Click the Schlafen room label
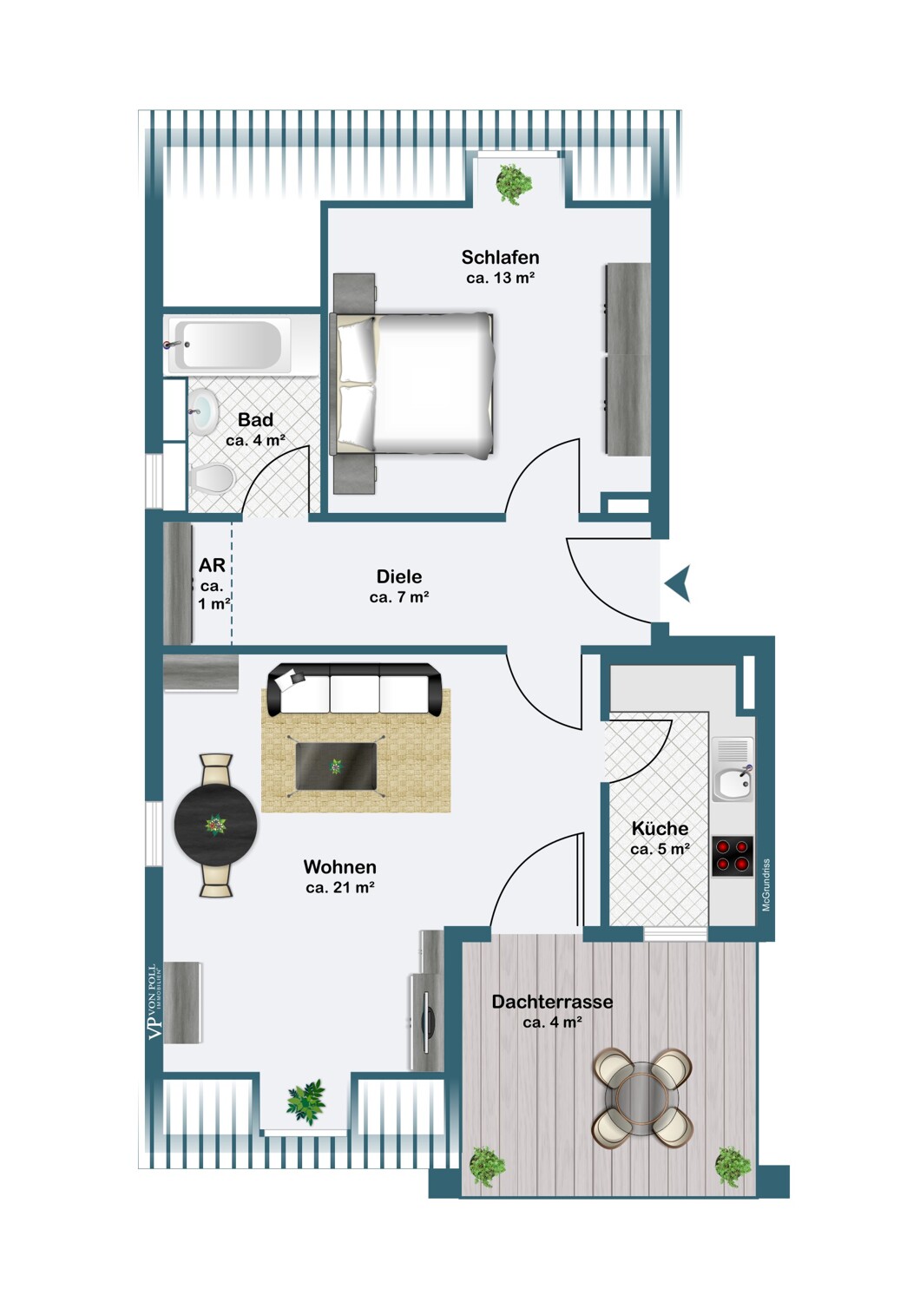pos(500,257)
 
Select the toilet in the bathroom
pos(211,479)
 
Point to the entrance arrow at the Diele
pos(678,583)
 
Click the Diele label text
pos(399,576)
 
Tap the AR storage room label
pos(212,564)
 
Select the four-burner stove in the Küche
pos(733,856)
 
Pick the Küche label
pos(660,828)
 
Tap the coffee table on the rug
pos(337,766)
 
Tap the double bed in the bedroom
pos(412,384)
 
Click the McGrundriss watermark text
pos(766,884)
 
